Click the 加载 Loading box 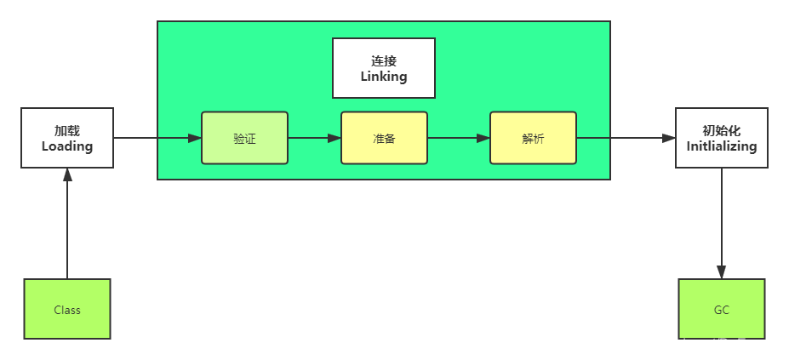coord(67,138)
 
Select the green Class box coord(67,310)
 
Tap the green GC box coord(722,310)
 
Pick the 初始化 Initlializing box coord(722,138)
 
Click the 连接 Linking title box coord(384,68)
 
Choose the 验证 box coord(244,138)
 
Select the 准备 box coord(384,138)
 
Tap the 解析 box coord(533,138)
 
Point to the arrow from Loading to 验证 coord(157,138)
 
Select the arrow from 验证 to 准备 coord(314,138)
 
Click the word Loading coord(67,146)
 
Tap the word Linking coord(384,77)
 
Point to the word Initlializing coord(722,146)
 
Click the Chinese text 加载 coord(67,131)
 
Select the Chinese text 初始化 coord(722,131)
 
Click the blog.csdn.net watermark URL coord(688,344)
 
